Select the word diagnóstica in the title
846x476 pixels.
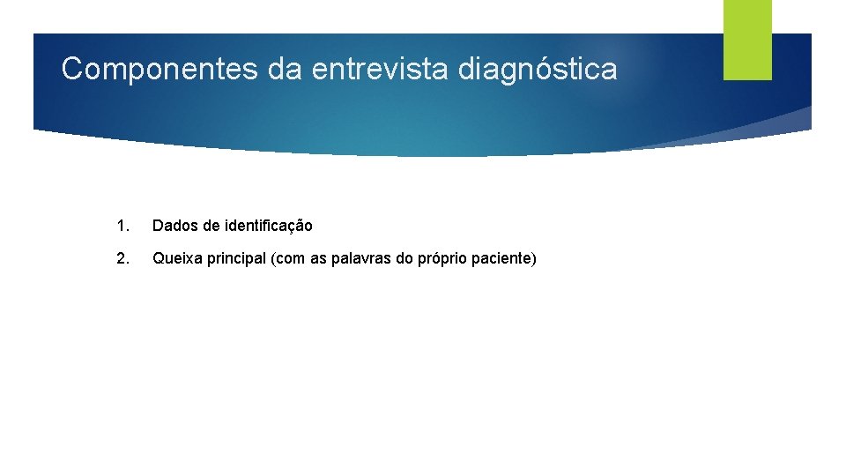coord(538,69)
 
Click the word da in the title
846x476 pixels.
coord(286,69)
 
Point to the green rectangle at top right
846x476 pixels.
coord(747,40)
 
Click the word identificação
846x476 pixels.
coord(268,227)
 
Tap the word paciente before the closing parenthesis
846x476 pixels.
coord(502,259)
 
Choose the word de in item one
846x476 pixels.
coord(211,227)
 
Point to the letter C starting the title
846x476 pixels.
coord(71,69)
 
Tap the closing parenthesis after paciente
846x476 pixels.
coord(533,259)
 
